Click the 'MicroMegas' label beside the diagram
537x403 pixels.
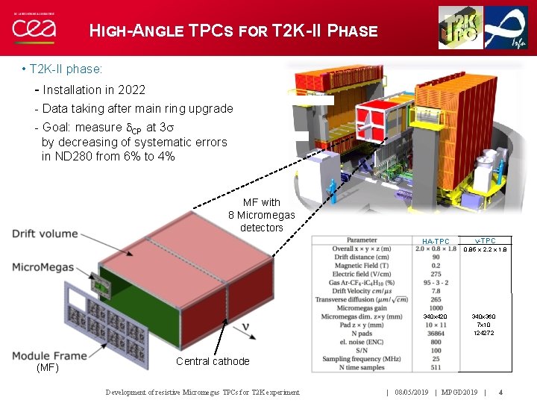point(43,267)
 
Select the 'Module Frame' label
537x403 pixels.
point(49,356)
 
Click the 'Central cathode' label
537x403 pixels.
point(213,361)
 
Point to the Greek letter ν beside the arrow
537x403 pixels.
point(245,327)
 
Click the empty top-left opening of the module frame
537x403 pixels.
point(78,299)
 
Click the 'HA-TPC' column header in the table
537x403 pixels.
point(436,241)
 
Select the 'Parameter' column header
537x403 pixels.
point(362,240)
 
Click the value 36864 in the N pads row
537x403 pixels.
point(436,334)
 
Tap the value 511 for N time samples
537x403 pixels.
point(436,367)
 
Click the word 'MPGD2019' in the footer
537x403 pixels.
point(460,392)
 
